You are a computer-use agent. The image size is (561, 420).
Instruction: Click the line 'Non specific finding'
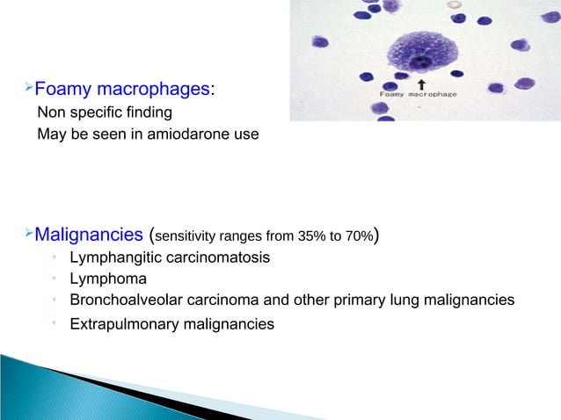(104, 113)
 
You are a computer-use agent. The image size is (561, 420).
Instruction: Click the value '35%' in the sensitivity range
(300, 235)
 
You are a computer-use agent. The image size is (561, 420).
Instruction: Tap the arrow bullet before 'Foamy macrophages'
(26, 88)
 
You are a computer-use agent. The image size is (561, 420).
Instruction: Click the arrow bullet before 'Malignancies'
(26, 233)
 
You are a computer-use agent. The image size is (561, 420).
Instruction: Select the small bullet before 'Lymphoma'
(54, 279)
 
